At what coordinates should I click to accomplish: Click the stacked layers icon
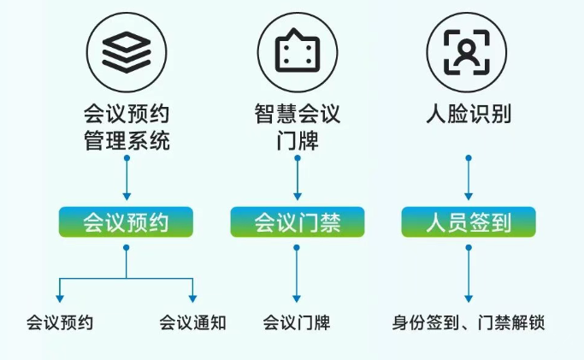[126, 54]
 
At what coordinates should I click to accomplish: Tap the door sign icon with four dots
[297, 54]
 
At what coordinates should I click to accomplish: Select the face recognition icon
[468, 54]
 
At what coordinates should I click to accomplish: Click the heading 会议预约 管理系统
[127, 127]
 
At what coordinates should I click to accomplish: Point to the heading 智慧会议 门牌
[298, 127]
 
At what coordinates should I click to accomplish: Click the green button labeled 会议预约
[126, 223]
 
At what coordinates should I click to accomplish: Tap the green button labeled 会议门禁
[297, 223]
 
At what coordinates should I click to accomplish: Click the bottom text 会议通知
[192, 323]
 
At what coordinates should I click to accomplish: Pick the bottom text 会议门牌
[297, 323]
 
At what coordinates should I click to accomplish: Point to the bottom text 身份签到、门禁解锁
[469, 323]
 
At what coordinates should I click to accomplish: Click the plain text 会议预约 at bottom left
[59, 323]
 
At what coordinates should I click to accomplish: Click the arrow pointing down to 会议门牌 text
[298, 274]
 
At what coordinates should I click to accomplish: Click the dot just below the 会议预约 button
[127, 247]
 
